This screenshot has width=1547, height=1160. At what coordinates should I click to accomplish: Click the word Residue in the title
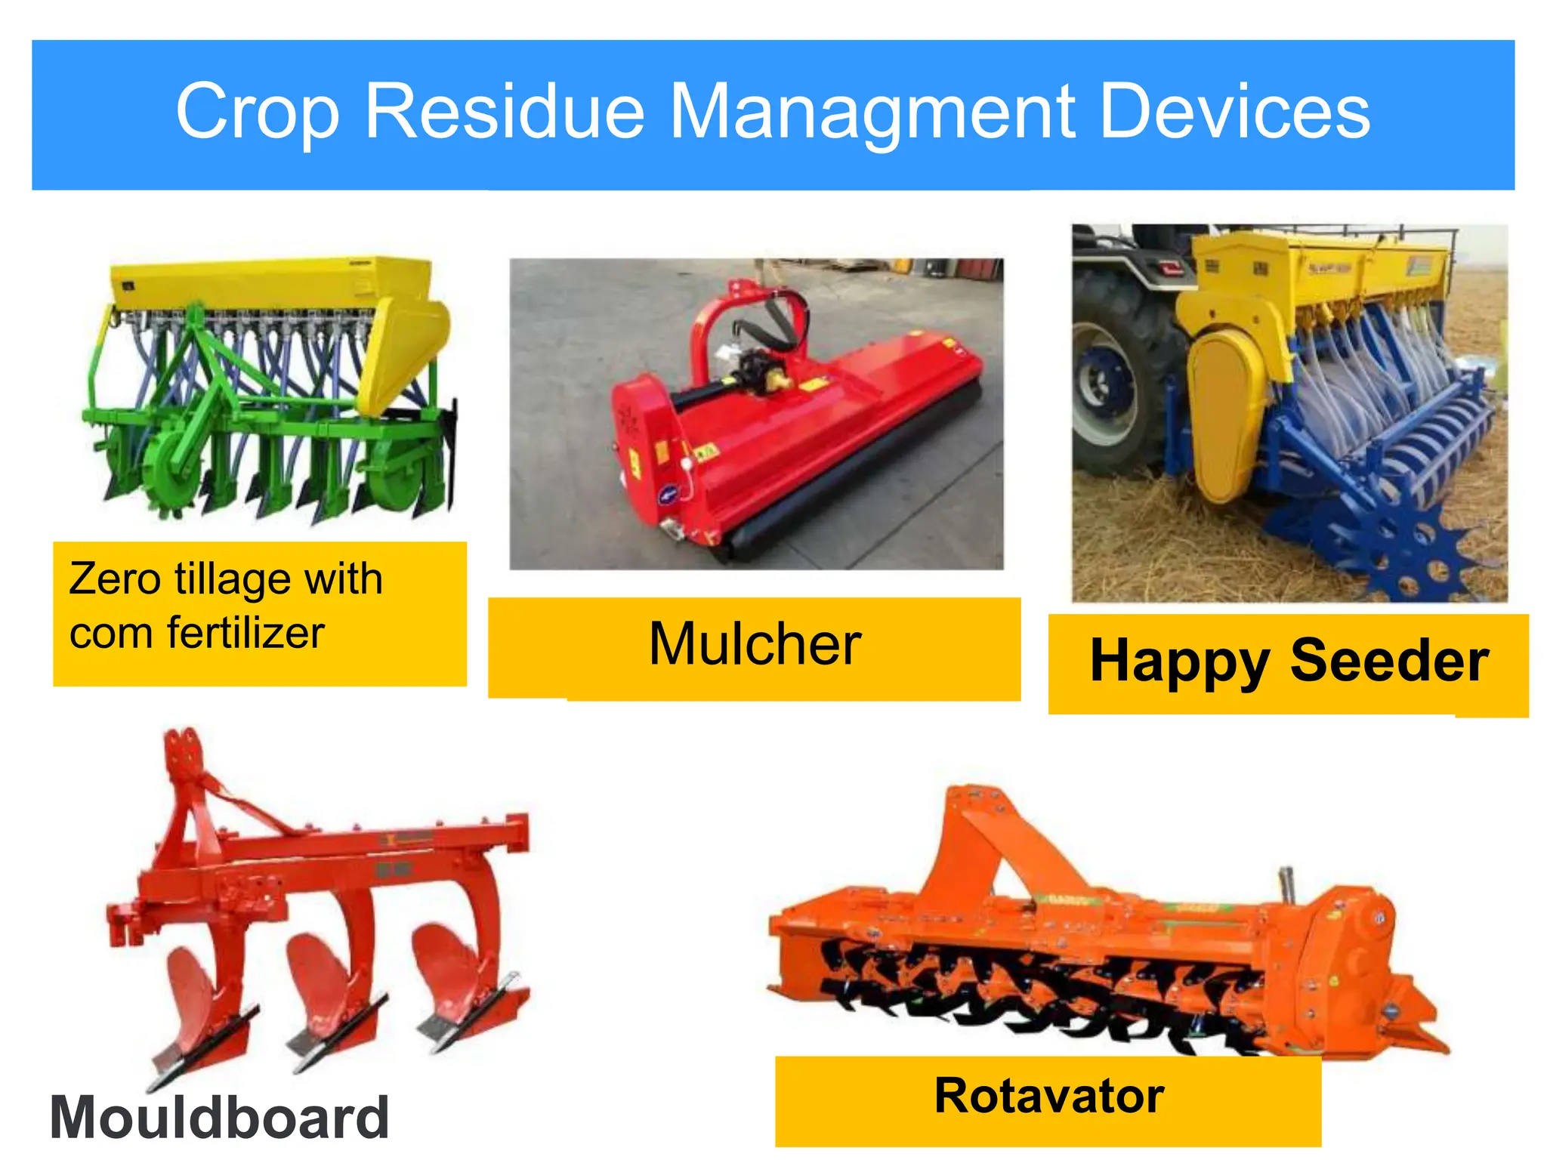pyautogui.click(x=504, y=112)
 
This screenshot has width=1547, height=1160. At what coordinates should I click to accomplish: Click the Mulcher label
pyautogui.click(x=755, y=645)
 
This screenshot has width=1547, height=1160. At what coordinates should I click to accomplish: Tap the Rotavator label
pyautogui.click(x=1048, y=1097)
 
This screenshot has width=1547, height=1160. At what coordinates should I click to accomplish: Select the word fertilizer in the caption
pyautogui.click(x=246, y=633)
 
